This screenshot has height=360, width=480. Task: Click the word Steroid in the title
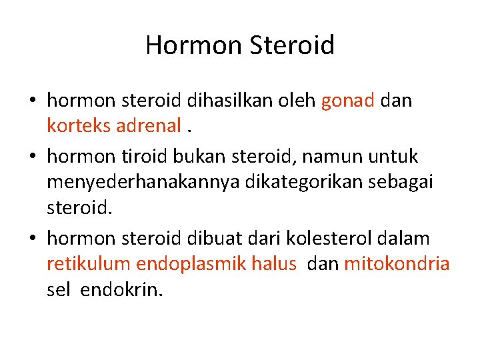293,45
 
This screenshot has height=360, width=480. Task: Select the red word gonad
347,101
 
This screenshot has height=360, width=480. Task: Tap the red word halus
274,263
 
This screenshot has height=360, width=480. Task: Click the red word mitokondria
397,263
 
